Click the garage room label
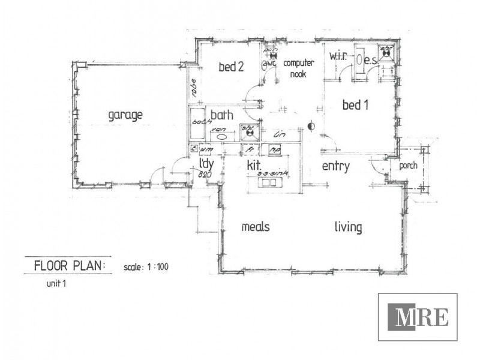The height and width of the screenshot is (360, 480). tap(125, 115)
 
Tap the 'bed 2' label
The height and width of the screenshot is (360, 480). tap(230, 68)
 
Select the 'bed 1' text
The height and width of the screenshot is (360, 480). tap(355, 106)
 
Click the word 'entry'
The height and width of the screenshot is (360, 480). tap(335, 166)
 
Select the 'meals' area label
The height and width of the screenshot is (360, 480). tap(255, 227)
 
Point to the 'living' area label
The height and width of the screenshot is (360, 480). tap(348, 227)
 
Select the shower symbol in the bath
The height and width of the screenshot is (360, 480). tap(248, 131)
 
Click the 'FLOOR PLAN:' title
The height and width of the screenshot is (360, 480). tap(70, 265)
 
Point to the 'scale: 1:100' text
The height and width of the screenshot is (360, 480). tap(146, 266)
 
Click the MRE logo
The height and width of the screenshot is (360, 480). tap(418, 317)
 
